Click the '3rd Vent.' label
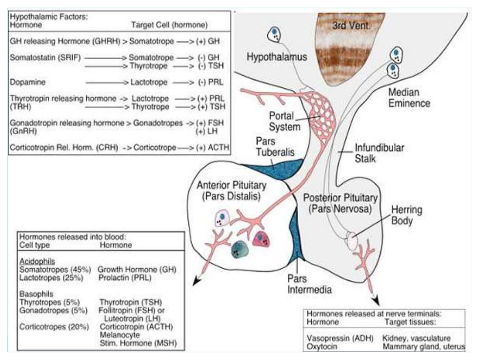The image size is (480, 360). click(x=351, y=26)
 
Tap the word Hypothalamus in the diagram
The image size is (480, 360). click(x=277, y=57)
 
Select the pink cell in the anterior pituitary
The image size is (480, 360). click(x=259, y=239)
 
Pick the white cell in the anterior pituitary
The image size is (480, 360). click(x=221, y=217)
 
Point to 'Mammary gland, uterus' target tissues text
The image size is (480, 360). click(x=423, y=347)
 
